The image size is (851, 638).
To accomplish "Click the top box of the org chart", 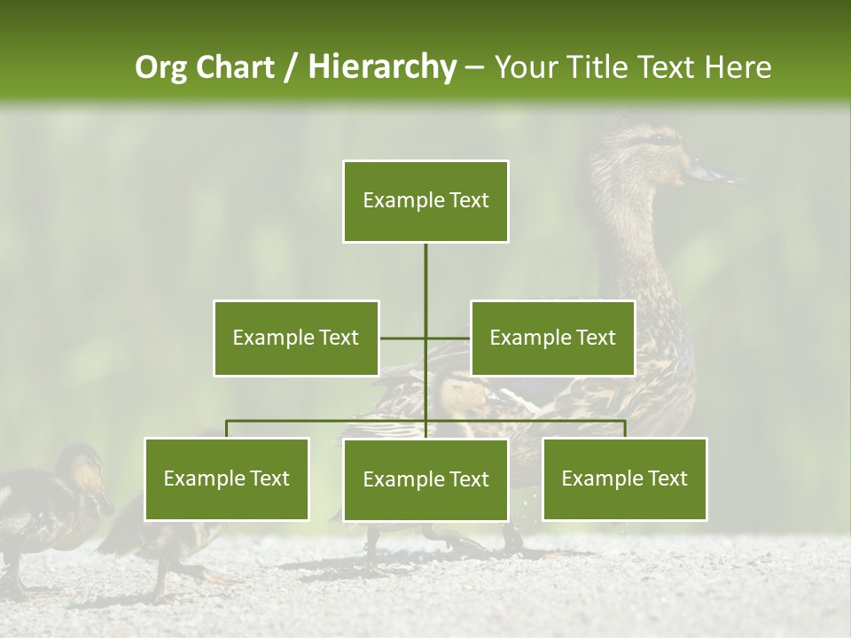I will coord(425,201).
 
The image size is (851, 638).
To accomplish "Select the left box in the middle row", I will coord(296,338).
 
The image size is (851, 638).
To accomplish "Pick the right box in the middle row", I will coord(552,338).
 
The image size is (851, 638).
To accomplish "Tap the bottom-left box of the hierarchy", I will coord(227,478).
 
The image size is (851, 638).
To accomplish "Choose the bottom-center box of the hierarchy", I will coord(425,479).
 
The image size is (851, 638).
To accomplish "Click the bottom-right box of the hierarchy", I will coord(624,478).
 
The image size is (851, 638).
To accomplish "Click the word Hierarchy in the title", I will coord(381,67).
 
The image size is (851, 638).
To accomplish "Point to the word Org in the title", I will coord(163,67).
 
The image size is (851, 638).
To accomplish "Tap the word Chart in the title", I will coord(237,67).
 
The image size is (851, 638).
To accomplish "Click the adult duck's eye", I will coord(657,140).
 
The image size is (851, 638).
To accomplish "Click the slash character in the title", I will coord(291,67).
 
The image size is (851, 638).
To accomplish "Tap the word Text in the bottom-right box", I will coord(667,478).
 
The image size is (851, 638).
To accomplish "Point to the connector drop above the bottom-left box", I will coord(227,429).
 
